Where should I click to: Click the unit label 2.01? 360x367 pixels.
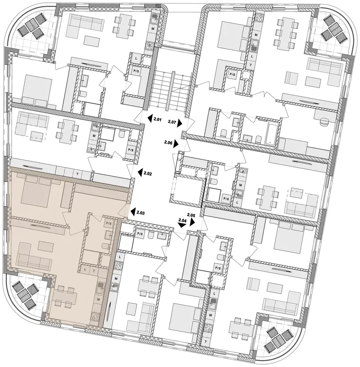click(157, 120)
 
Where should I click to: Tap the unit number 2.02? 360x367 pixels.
click(148, 174)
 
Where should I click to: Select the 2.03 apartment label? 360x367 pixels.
click(141, 213)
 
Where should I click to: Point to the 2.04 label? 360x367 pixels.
click(182, 220)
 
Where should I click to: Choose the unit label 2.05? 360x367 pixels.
click(191, 214)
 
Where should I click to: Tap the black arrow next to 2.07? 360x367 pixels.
click(180, 123)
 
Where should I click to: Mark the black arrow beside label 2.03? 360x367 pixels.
click(133, 212)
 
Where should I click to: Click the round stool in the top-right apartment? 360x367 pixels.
click(325, 122)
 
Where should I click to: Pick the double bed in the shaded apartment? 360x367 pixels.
click(35, 189)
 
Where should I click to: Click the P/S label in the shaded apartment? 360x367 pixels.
click(109, 223)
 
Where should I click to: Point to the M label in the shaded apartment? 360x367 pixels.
click(99, 300)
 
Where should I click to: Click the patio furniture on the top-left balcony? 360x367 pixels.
click(31, 26)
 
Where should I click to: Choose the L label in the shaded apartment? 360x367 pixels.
click(85, 270)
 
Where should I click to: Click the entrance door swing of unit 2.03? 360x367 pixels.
click(124, 211)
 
